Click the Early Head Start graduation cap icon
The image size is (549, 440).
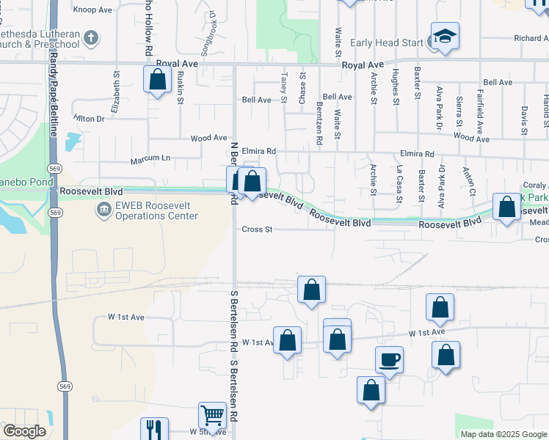(445, 37)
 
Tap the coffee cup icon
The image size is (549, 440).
(389, 360)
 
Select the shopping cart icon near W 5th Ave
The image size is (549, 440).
(212, 415)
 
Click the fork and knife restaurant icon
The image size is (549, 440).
(154, 430)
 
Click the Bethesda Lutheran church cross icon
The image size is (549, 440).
(90, 37)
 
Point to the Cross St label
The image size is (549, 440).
(258, 230)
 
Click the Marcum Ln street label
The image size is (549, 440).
(150, 158)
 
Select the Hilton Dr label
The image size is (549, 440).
(90, 118)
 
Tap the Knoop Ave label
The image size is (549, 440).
(92, 10)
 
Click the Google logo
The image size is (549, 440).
(23, 431)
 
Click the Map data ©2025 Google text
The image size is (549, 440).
(503, 434)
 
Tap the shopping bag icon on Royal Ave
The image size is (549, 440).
(158, 80)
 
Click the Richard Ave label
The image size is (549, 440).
(531, 38)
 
